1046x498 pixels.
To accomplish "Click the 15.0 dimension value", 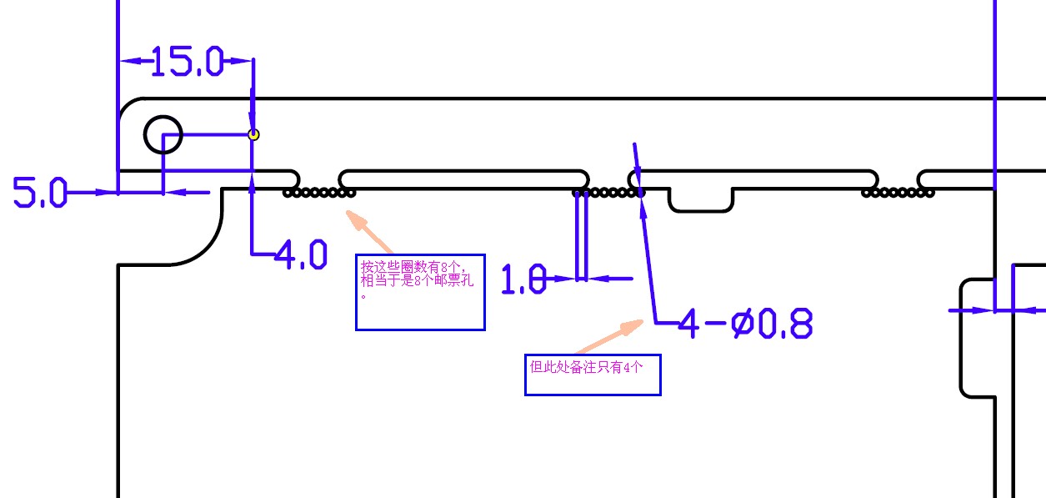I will (x=188, y=61).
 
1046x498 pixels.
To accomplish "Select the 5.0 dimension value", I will (x=39, y=194).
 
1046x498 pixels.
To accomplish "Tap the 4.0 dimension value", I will (x=301, y=254).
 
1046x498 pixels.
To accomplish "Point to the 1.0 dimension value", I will (x=523, y=279).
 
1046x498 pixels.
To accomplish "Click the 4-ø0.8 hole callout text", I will (x=745, y=324).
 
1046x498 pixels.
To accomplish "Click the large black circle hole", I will (x=163, y=134).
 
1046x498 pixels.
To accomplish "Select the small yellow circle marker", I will (x=254, y=134).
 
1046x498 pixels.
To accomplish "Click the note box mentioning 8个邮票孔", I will (x=420, y=292).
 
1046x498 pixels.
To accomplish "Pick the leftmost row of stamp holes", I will (x=319, y=193).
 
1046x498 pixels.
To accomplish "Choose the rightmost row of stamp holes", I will (x=898, y=193).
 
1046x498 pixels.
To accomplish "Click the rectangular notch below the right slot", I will (x=701, y=200).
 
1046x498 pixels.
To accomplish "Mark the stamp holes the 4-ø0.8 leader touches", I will (x=609, y=193).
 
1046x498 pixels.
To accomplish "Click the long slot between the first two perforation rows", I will (x=463, y=179).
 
